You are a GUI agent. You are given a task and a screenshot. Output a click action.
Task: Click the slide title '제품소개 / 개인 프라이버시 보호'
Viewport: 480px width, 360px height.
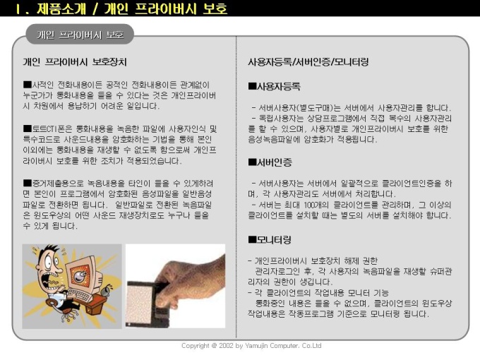click(x=131, y=8)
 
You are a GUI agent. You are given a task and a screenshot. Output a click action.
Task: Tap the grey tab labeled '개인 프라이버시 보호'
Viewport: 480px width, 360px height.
click(x=80, y=35)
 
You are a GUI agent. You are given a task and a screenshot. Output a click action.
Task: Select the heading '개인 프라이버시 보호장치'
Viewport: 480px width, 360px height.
click(x=75, y=62)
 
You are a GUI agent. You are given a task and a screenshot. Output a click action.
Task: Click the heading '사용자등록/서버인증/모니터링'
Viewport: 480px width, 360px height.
click(x=308, y=62)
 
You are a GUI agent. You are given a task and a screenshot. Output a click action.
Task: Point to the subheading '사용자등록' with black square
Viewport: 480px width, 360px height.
click(x=275, y=86)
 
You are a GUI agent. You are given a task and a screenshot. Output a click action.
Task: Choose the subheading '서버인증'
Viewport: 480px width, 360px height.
click(x=270, y=162)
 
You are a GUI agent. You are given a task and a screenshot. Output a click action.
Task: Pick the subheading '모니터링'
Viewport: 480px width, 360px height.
click(x=270, y=239)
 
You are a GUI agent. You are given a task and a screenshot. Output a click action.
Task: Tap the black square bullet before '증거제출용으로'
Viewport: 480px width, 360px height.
click(x=28, y=183)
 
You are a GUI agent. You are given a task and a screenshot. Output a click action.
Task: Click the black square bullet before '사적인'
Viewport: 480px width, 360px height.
click(x=28, y=84)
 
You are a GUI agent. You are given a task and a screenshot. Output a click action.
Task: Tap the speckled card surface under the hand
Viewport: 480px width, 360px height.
click(x=140, y=303)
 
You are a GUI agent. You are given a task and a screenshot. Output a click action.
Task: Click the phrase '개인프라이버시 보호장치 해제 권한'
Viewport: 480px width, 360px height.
click(x=316, y=260)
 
